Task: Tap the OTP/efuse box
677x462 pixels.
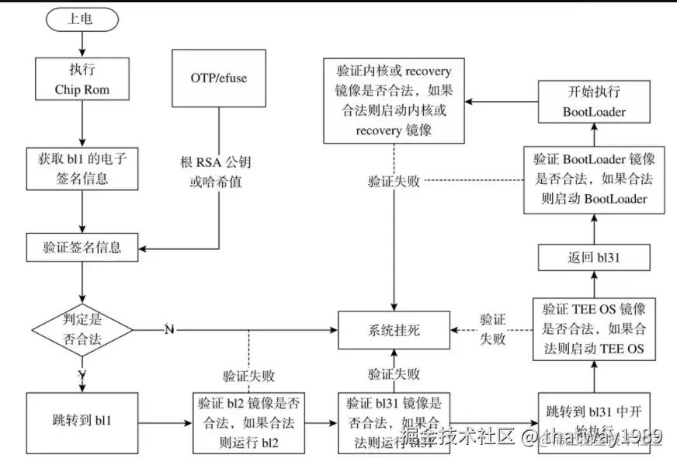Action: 218,78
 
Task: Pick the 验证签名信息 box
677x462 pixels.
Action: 82,248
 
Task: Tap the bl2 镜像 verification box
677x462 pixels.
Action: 248,423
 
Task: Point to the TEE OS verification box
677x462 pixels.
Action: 592,329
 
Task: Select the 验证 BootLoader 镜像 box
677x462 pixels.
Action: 592,179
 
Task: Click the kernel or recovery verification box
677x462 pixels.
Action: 393,99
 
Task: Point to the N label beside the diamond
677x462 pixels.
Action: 169,330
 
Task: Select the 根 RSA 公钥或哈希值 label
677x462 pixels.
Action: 217,171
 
